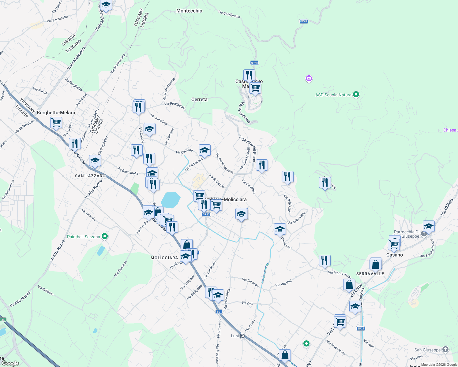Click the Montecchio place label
coord(189,11)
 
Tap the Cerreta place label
coord(199,99)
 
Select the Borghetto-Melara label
coord(56,113)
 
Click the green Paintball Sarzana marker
coord(105,236)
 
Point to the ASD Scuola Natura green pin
coord(356,95)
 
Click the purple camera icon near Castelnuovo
coord(309,79)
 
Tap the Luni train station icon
coord(242,336)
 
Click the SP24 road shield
coord(361,328)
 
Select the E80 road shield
coord(3,320)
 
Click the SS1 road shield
coord(219,312)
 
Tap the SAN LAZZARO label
coord(90,176)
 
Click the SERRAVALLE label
coord(370,274)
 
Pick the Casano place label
coord(395,255)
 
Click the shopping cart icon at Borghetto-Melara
coord(56,123)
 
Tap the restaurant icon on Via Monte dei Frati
coord(325,261)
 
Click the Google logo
coord(10,363)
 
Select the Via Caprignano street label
coord(229,14)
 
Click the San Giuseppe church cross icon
coord(445,349)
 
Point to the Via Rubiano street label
coord(46,290)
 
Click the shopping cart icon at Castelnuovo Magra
coord(255,88)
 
